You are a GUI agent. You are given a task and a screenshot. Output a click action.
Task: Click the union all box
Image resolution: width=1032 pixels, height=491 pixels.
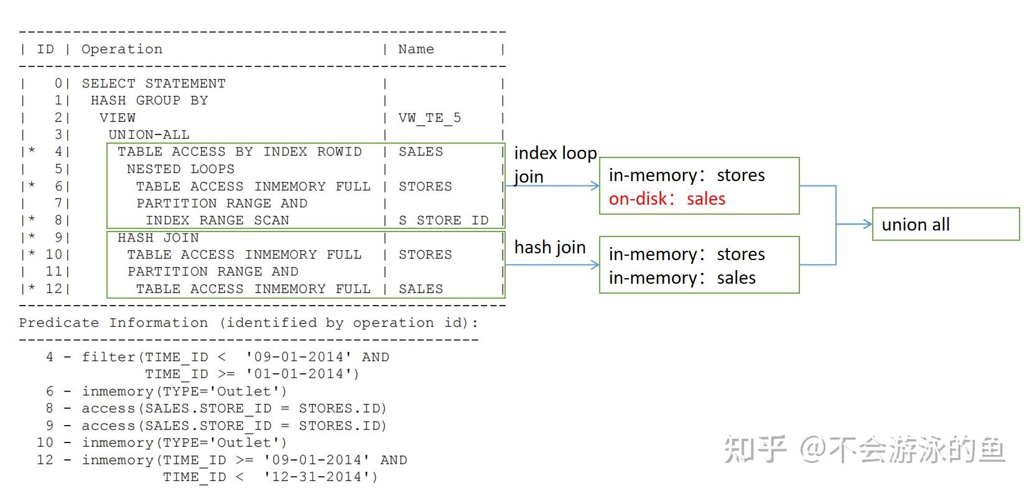tap(945, 224)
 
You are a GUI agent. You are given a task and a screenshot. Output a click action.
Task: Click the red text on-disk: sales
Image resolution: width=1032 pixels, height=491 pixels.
tap(667, 199)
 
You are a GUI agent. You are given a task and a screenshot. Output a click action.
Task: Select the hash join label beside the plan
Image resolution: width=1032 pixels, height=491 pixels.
tap(549, 248)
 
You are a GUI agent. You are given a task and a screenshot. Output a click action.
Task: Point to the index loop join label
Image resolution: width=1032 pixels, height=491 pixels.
tap(554, 164)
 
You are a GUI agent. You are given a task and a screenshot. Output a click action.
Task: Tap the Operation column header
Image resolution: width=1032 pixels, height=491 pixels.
tap(122, 49)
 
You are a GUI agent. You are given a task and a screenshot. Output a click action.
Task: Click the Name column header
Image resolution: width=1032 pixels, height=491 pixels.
tap(416, 49)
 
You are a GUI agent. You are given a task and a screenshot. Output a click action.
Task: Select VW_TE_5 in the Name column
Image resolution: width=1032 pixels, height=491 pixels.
tap(429, 118)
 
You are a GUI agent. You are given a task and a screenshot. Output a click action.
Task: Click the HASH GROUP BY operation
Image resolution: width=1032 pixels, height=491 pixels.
tap(149, 100)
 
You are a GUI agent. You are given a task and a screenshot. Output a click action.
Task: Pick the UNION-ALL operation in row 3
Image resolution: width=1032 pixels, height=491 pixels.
tap(149, 134)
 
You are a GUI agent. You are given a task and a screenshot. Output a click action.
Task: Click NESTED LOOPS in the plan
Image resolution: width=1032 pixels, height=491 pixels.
tap(180, 169)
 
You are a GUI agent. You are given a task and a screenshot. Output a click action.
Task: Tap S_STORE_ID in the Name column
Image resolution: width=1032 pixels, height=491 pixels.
tap(444, 220)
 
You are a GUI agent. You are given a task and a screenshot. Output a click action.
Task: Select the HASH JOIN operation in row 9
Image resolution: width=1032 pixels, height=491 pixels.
tap(158, 238)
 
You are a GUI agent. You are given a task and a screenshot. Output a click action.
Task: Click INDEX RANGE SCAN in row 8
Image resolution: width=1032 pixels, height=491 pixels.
tap(217, 220)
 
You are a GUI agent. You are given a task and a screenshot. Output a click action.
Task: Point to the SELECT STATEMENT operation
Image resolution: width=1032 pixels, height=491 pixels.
tap(154, 83)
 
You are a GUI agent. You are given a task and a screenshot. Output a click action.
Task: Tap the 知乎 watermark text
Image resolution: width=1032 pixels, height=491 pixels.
tap(755, 449)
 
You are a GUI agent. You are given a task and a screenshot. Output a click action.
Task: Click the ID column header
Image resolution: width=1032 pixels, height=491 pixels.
tap(45, 49)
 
